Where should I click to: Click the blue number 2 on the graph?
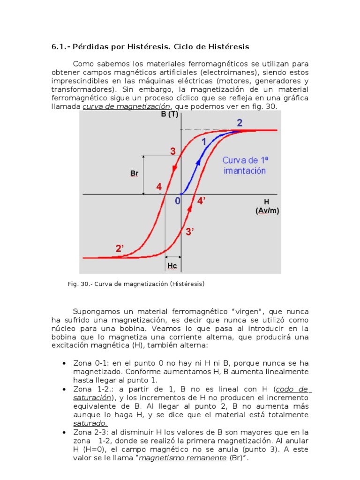pyautogui.click(x=240, y=123)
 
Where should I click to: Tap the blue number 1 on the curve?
pyautogui.click(x=203, y=142)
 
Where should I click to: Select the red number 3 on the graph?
pyautogui.click(x=172, y=151)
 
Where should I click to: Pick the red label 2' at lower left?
pyautogui.click(x=120, y=249)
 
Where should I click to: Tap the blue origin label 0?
pyautogui.click(x=177, y=201)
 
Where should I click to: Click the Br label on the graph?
pyautogui.click(x=135, y=174)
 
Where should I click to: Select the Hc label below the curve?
pyautogui.click(x=172, y=266)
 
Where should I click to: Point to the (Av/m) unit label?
pyautogui.click(x=267, y=210)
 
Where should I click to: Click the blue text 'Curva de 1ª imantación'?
pyautogui.click(x=245, y=165)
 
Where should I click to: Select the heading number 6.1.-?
pyautogui.click(x=61, y=47)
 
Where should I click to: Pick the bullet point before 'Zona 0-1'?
pyautogui.click(x=64, y=364)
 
